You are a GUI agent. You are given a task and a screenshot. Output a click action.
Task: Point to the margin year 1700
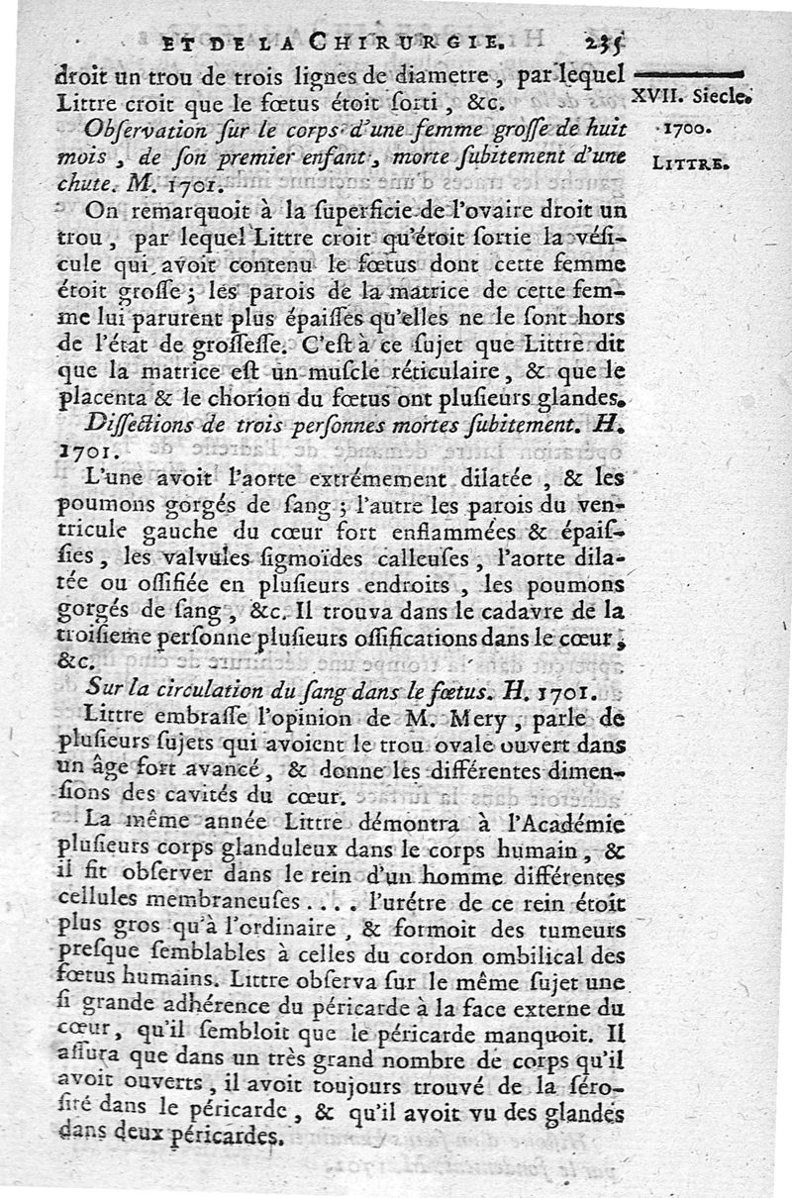click(x=683, y=130)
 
